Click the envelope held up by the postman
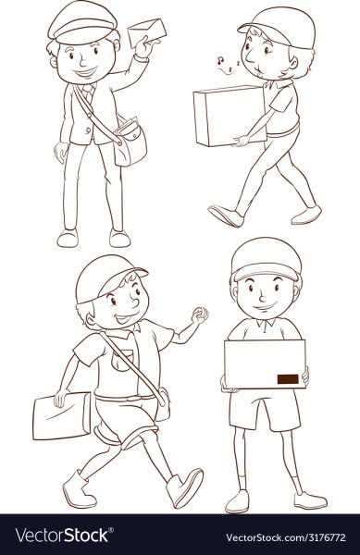pos(146,31)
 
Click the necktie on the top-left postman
pos(88,92)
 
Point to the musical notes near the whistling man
pos(228,66)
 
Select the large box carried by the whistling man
pos(230,117)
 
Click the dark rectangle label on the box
pos(288,379)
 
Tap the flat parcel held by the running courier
pos(62,415)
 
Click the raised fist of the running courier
pos(199,314)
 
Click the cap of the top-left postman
pos(82,24)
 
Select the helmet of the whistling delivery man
pos(281,27)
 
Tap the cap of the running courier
pos(106,277)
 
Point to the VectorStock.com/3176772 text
pos(286,537)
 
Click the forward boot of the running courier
pos(185,487)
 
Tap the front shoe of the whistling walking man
pos(226,216)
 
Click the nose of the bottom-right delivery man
pos(262,297)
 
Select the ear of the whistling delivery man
pos(293,63)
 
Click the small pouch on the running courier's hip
pos(163,404)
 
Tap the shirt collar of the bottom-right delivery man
pos(266,323)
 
